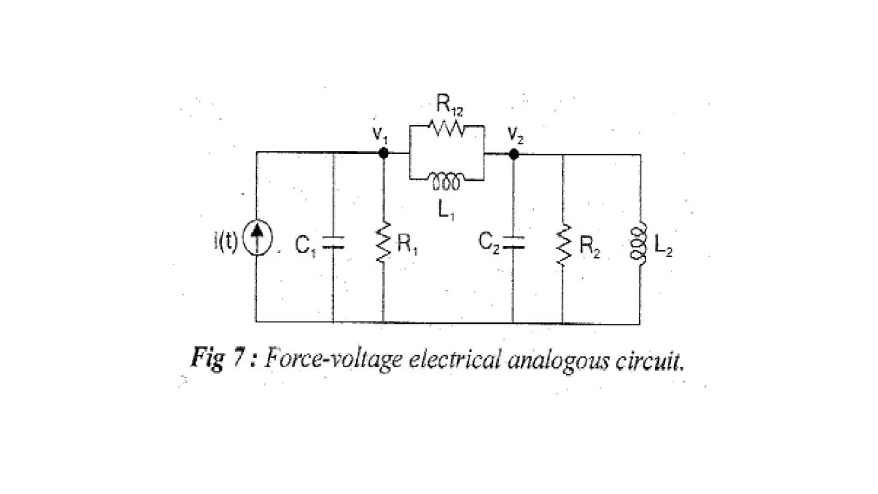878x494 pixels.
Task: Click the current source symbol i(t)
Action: pyautogui.click(x=257, y=244)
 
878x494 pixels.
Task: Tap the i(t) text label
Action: pyautogui.click(x=225, y=243)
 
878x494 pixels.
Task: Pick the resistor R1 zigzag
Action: pyautogui.click(x=383, y=243)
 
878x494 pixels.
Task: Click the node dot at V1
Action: pyautogui.click(x=384, y=153)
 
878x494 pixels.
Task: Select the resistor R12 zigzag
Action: pyautogui.click(x=446, y=128)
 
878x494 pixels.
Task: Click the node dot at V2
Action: pyautogui.click(x=514, y=154)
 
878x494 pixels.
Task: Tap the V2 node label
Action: pyautogui.click(x=515, y=136)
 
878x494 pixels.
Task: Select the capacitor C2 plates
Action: pyautogui.click(x=514, y=243)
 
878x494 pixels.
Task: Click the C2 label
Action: pyautogui.click(x=489, y=243)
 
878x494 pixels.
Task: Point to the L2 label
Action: pyautogui.click(x=663, y=247)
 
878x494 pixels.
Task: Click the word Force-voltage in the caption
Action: pyautogui.click(x=333, y=358)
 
